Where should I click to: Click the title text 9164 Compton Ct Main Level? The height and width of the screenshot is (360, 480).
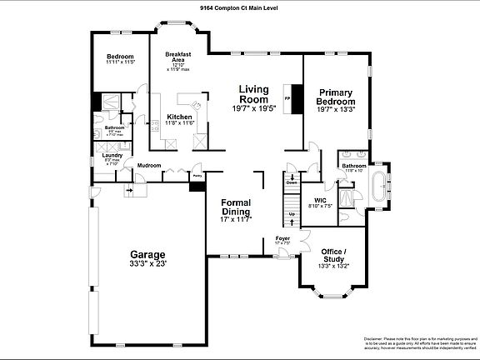point(239,6)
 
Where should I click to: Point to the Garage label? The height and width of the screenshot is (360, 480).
point(147,254)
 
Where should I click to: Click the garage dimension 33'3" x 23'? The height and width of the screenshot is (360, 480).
point(147,263)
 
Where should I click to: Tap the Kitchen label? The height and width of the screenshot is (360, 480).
point(179,117)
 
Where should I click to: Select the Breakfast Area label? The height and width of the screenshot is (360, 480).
point(178,57)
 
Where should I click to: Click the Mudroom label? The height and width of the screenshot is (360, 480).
point(149,165)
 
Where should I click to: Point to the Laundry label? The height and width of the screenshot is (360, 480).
point(112,155)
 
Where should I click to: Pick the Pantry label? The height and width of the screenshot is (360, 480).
point(197,176)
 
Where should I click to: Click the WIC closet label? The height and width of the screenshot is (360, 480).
point(321,200)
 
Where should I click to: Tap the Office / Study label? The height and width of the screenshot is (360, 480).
point(334,254)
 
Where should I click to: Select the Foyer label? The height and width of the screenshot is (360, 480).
point(282,238)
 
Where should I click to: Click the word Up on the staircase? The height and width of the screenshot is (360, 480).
point(292,214)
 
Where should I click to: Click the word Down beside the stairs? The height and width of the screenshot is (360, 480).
point(292,182)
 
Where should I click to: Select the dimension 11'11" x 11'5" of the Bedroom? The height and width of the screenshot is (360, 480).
point(121,62)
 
